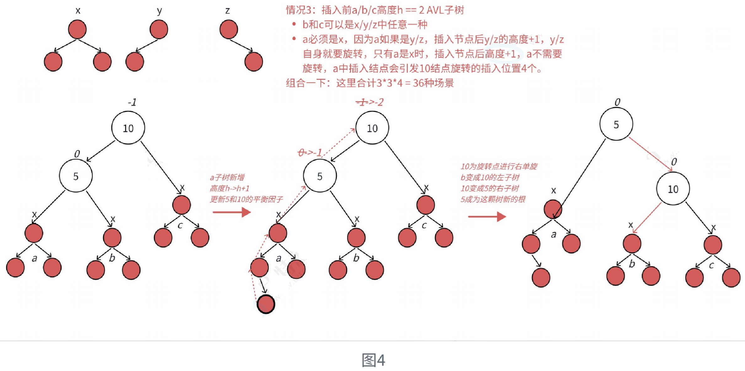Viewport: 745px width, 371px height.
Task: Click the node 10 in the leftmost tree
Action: tap(128, 128)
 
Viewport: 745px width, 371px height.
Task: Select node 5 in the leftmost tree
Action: tap(76, 176)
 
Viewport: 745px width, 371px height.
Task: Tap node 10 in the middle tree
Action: tap(372, 128)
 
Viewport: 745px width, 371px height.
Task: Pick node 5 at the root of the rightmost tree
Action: tap(616, 124)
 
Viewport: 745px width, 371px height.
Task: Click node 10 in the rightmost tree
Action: tap(673, 189)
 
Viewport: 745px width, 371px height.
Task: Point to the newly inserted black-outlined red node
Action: tap(266, 304)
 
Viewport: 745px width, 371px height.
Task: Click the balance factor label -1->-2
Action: tap(369, 102)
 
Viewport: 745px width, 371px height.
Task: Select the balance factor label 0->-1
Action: tap(310, 153)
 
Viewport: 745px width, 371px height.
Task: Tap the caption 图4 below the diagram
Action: tap(373, 360)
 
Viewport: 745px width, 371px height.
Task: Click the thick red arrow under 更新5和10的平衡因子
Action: tap(232, 212)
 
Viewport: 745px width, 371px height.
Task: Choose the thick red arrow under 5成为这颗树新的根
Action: tap(487, 217)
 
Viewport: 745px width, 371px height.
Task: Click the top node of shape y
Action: tap(159, 29)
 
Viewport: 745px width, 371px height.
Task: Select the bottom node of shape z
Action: tap(254, 62)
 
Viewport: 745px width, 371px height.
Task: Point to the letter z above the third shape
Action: tap(228, 11)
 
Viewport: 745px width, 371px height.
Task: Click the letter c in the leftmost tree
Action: tap(180, 225)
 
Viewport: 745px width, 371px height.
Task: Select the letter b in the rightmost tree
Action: tap(632, 264)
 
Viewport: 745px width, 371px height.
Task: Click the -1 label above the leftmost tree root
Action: tap(132, 102)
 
